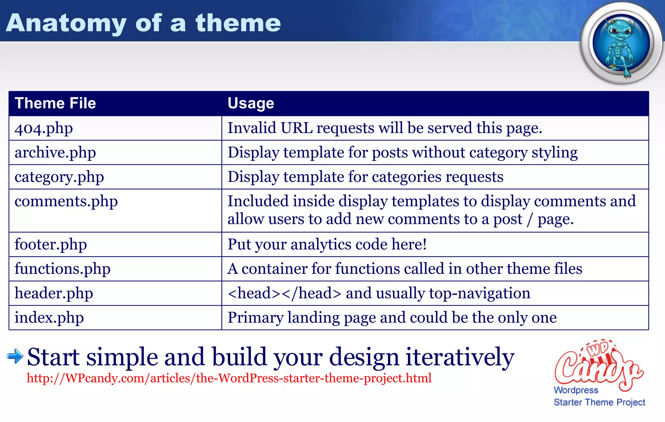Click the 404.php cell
click(x=44, y=128)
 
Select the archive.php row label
click(x=55, y=153)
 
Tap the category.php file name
click(x=59, y=177)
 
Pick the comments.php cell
click(x=66, y=201)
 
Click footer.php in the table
click(x=51, y=245)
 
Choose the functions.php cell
click(x=62, y=269)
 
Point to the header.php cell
click(x=54, y=293)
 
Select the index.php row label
click(x=49, y=318)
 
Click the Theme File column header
click(x=55, y=103)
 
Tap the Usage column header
click(x=251, y=103)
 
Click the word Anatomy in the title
click(x=66, y=23)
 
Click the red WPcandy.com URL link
click(x=229, y=378)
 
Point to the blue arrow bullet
click(x=15, y=356)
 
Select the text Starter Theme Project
click(x=599, y=402)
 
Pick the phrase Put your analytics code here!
click(x=327, y=245)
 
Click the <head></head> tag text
click(x=284, y=293)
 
